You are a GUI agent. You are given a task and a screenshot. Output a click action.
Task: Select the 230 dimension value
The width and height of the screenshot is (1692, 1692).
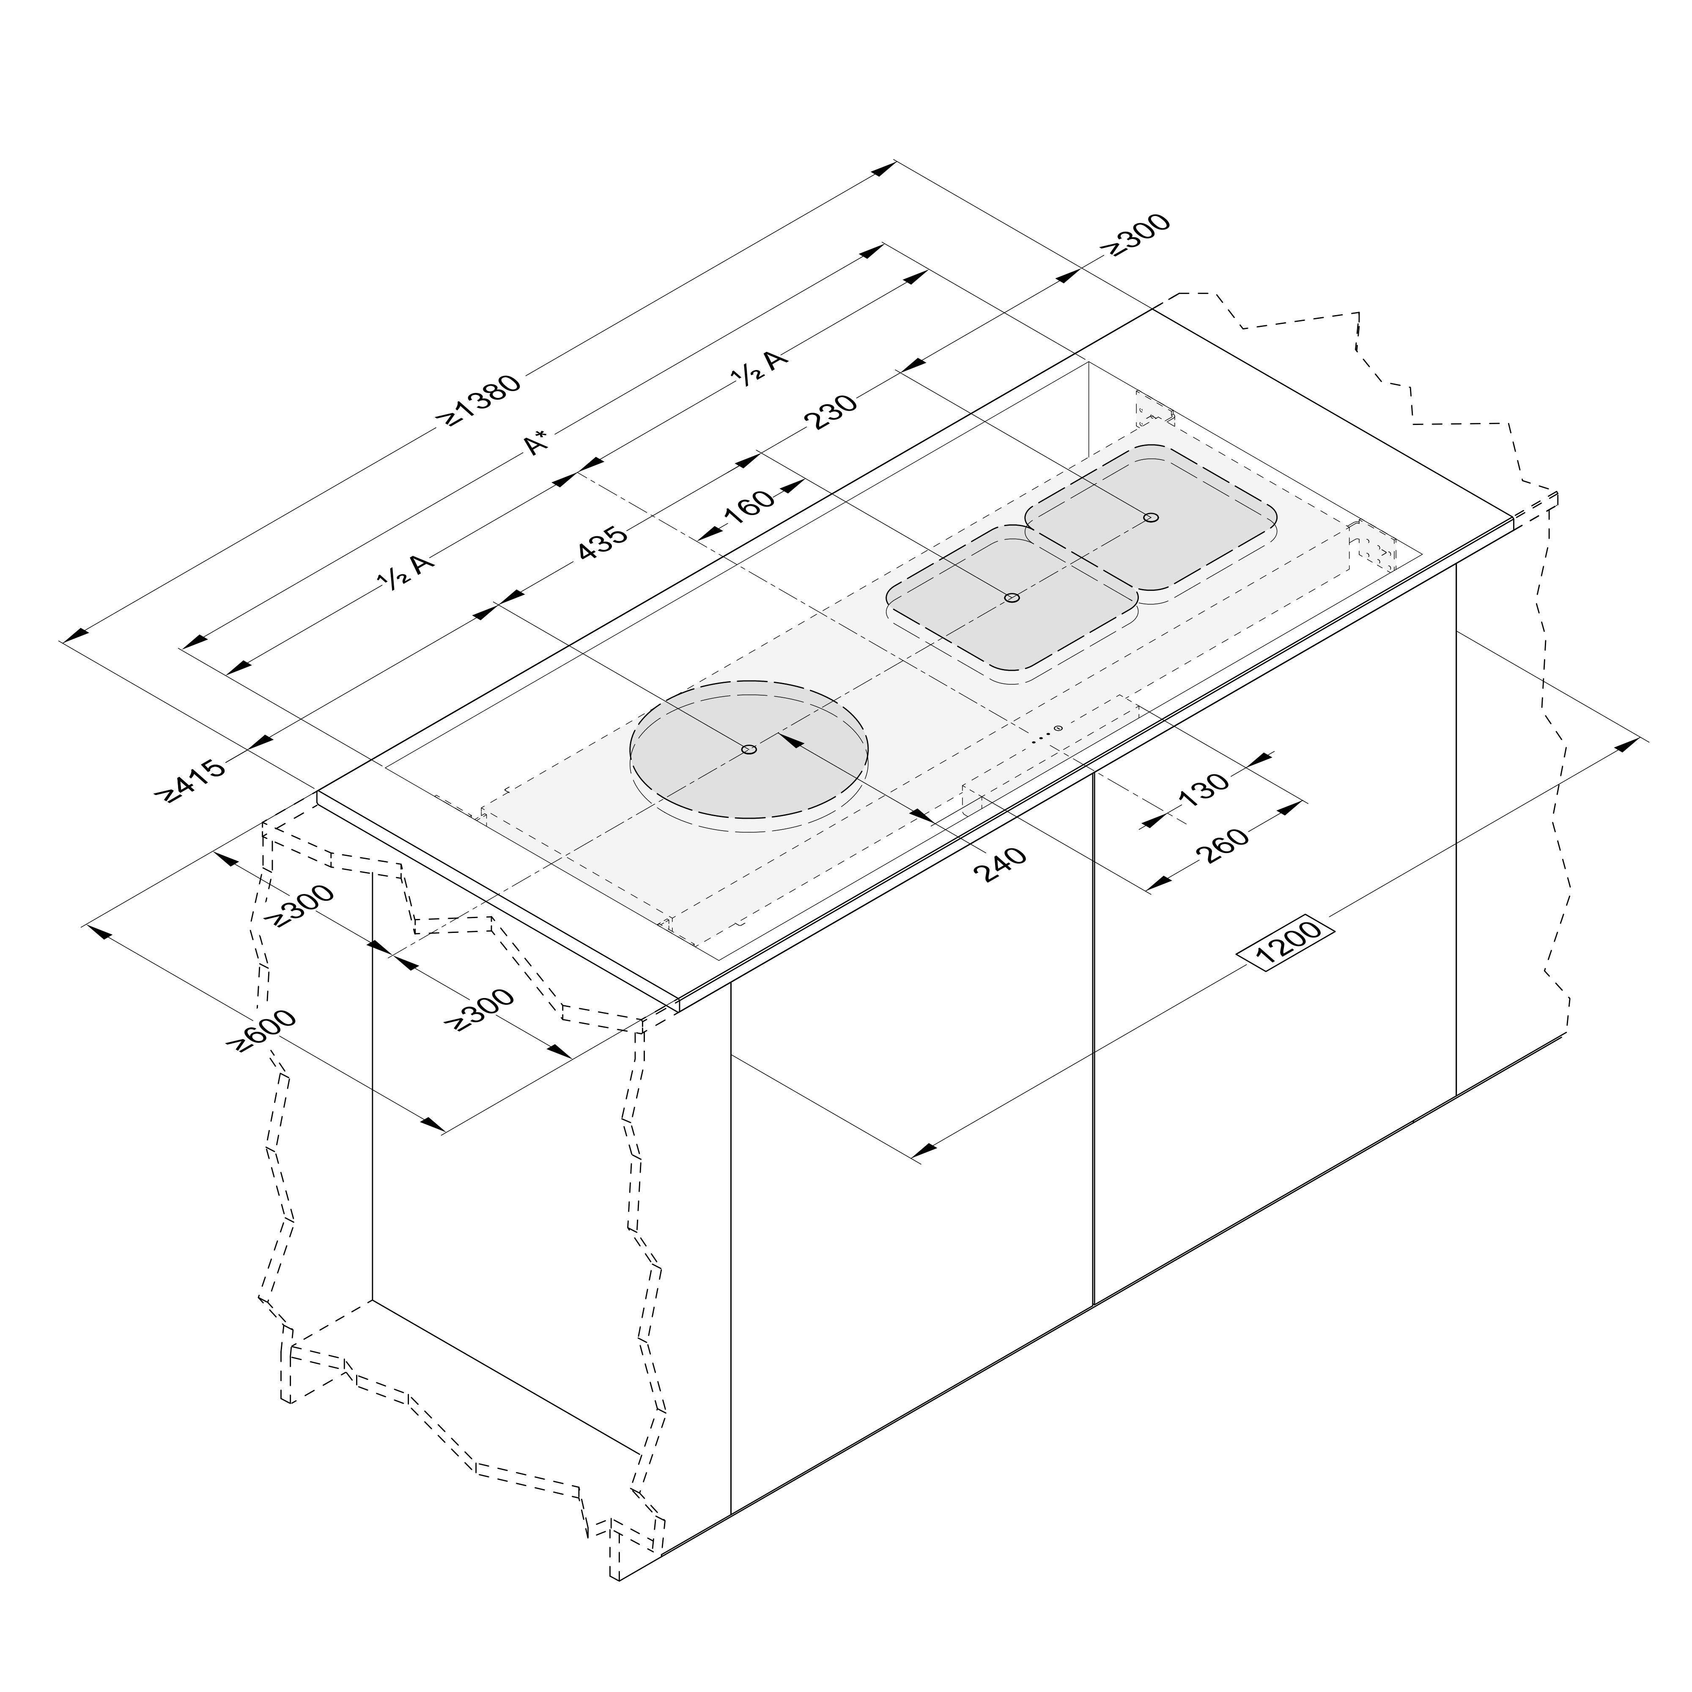click(830, 411)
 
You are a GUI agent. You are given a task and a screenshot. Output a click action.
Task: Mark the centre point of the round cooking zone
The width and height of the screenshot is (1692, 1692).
click(749, 750)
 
